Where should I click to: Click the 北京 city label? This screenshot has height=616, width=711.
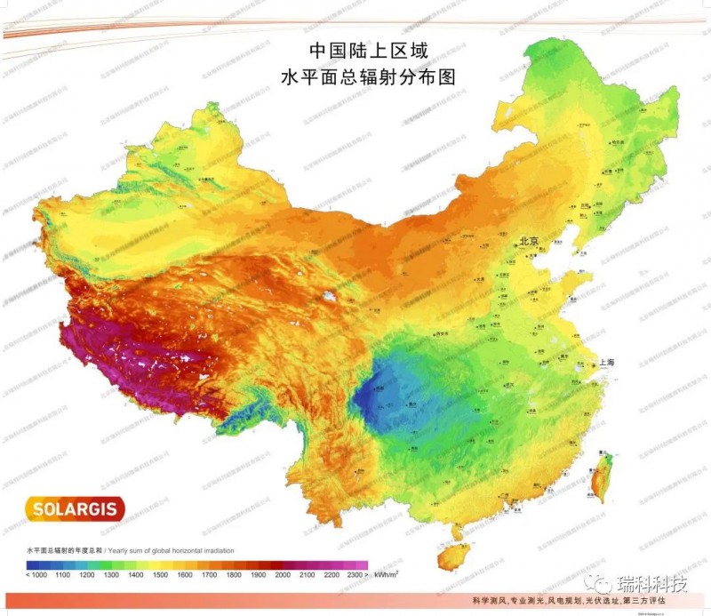click(x=531, y=240)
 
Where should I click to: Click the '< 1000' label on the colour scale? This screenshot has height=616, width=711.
click(x=36, y=576)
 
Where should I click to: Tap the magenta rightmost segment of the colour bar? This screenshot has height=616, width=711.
click(x=357, y=564)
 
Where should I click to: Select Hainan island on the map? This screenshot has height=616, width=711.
click(x=454, y=556)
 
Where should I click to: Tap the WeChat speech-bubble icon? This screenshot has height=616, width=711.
click(x=602, y=583)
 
